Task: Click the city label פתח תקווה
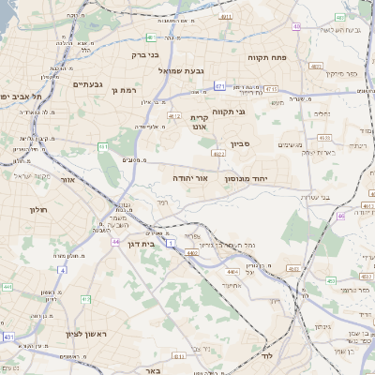point(266,58)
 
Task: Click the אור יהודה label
point(189,177)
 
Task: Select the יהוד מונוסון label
point(247,178)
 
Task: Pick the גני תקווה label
point(254,112)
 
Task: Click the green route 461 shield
point(103,147)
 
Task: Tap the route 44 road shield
point(114,242)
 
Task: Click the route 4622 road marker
point(218,154)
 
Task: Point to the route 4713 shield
point(271,88)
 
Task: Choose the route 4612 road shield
point(173,116)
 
